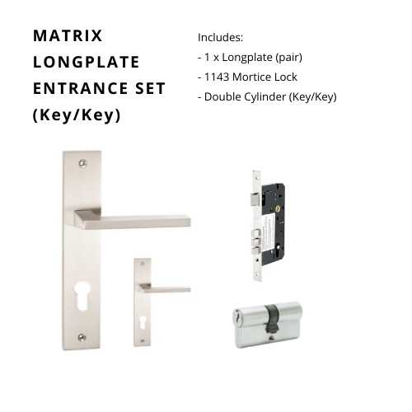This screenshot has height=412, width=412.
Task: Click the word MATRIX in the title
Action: point(68,35)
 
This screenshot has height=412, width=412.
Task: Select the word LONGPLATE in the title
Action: point(86,62)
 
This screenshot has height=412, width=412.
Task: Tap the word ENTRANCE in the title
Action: point(81,88)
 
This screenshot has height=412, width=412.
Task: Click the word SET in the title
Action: point(150,88)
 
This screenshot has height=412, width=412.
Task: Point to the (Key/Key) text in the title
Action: point(77,115)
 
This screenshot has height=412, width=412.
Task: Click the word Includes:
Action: point(220,38)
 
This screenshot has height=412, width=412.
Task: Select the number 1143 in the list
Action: point(217,77)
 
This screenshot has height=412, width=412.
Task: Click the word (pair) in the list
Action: point(288,58)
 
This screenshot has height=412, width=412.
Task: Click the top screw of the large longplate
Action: point(82,163)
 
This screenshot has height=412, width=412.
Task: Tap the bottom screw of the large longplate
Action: point(82,337)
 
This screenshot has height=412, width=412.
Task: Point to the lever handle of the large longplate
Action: point(132,220)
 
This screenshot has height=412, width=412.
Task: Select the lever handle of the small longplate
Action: point(164,288)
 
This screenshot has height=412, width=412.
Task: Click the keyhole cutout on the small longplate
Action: point(143,322)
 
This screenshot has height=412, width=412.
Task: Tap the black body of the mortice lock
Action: point(274,224)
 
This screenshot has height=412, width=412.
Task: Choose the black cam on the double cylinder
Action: point(270,320)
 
